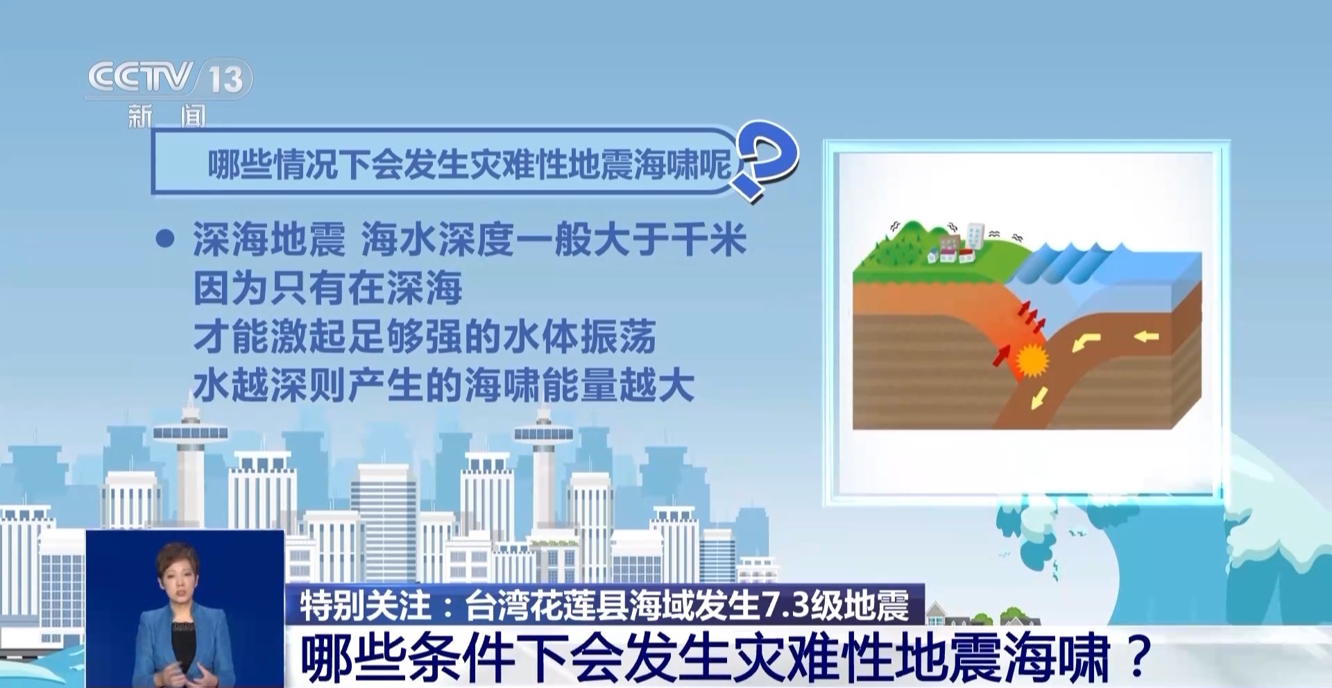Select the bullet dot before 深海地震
pyautogui.click(x=165, y=240)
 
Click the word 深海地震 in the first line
pyautogui.click(x=269, y=240)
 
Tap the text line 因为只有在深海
pyautogui.click(x=327, y=289)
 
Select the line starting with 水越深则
pyautogui.click(x=444, y=386)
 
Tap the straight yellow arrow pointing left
pyautogui.click(x=1146, y=338)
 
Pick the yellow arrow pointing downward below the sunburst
pyautogui.click(x=1040, y=398)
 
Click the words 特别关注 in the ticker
pyautogui.click(x=366, y=605)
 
